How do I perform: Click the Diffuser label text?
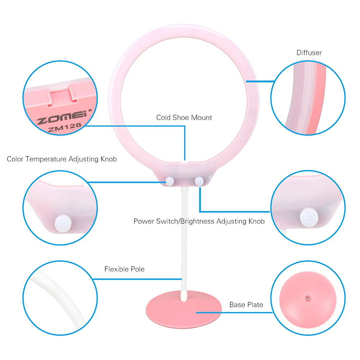[x=309, y=53]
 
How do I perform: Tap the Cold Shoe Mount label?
[x=184, y=118]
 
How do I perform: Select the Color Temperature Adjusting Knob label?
[x=62, y=159]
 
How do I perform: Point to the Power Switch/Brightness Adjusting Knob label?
[x=199, y=221]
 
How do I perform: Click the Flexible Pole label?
[x=124, y=269]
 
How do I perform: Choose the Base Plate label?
[x=246, y=305]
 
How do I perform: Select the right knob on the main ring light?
[x=198, y=181]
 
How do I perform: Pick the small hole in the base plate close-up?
[x=308, y=298]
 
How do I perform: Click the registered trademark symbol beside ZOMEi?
[x=90, y=111]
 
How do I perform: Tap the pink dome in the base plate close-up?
[x=308, y=310]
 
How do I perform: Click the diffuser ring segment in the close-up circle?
[x=302, y=97]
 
